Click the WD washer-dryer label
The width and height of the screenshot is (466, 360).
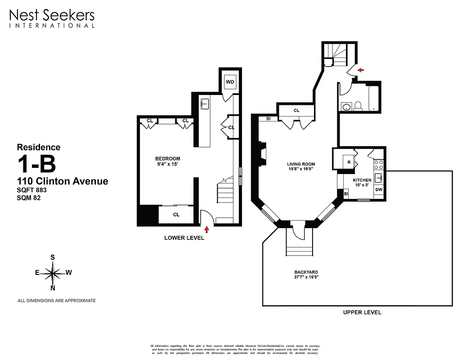coord(230,82)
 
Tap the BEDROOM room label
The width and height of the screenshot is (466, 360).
coord(168,159)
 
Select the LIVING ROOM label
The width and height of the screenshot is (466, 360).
coord(301,164)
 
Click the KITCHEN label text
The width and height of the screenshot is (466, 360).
coord(362,180)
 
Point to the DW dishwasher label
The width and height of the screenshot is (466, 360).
coord(379,189)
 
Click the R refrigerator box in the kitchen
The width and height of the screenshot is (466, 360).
coord(349,162)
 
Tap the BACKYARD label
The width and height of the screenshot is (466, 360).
coord(306,272)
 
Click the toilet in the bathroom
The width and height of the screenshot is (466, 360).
coord(358,106)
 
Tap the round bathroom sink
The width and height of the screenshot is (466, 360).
coord(345,107)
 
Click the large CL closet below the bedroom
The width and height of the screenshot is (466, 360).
coord(176,215)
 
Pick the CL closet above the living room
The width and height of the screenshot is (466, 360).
coord(296,110)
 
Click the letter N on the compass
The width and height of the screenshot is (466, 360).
coord(53,288)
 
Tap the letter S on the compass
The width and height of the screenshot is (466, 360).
coord(53,257)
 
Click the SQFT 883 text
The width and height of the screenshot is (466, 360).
coord(31,190)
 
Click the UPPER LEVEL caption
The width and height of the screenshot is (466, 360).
coord(362,312)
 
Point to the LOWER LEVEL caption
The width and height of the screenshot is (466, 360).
coord(184,238)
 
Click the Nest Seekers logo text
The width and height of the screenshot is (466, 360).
coord(52,16)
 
